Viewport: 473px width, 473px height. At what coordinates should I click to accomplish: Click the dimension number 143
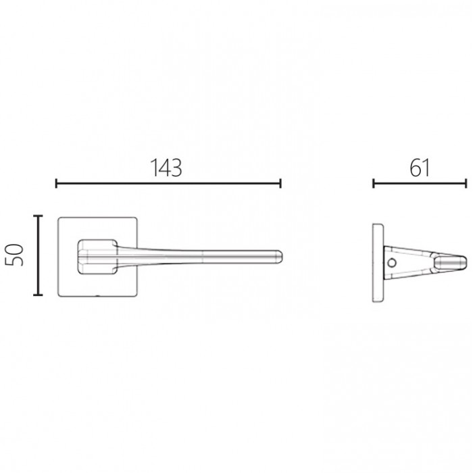[166, 168]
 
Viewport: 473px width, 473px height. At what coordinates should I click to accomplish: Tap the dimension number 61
[420, 168]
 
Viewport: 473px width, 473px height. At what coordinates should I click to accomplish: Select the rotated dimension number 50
[15, 255]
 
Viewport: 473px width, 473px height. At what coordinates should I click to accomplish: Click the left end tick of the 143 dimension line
[56, 183]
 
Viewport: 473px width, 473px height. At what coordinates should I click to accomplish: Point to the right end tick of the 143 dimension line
[281, 183]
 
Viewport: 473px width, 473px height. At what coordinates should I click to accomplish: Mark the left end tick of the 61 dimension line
[374, 183]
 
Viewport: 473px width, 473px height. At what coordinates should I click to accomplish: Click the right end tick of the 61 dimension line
[466, 183]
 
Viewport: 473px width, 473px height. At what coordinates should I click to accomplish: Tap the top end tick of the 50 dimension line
[38, 216]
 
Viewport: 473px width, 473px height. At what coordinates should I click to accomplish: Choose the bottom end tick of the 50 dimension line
[38, 295]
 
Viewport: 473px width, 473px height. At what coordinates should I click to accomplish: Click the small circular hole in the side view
[392, 263]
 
